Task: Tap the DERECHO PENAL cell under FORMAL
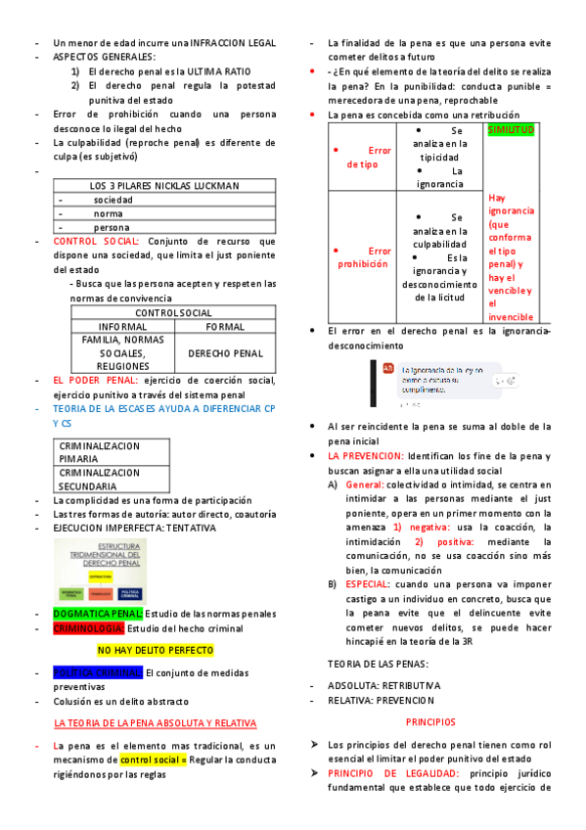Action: [x=225, y=352]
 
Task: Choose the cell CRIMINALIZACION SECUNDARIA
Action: [x=100, y=479]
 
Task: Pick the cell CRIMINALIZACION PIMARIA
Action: [x=100, y=451]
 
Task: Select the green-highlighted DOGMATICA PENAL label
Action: [x=97, y=614]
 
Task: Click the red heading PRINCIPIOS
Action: [x=430, y=721]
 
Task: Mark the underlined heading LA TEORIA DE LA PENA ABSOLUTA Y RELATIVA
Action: [x=156, y=722]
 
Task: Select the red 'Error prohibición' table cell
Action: [x=363, y=257]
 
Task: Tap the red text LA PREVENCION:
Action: [x=366, y=456]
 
